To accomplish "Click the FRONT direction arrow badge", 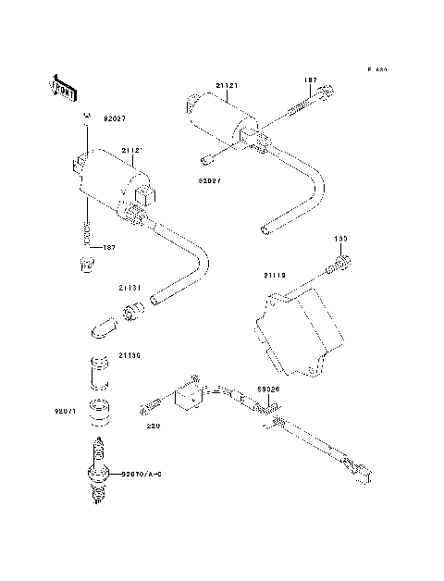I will pos(61,85).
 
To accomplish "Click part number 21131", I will pos(129,288).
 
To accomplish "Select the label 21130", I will pos(129,354).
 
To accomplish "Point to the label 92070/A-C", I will pos(141,474).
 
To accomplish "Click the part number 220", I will pos(153,427).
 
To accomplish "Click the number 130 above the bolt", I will pos(339,239).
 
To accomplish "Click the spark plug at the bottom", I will pos(96,472).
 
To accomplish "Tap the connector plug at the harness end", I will pos(361,469).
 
